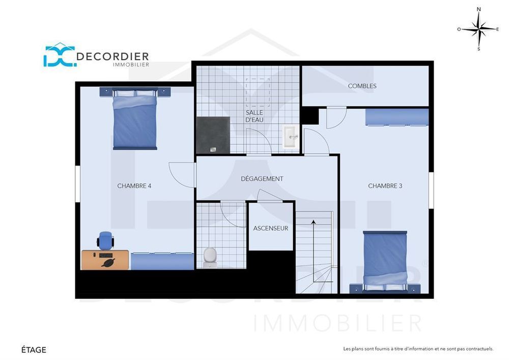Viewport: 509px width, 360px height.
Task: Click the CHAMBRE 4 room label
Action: tap(134, 186)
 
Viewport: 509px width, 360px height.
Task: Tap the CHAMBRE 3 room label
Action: tap(385, 186)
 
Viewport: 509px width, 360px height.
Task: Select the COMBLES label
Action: tap(362, 86)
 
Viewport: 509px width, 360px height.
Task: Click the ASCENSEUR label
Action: tap(271, 228)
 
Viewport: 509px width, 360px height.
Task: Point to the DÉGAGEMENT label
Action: tap(262, 179)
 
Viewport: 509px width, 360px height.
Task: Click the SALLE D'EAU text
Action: tap(254, 116)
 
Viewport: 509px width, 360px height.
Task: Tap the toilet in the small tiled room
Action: tap(210, 257)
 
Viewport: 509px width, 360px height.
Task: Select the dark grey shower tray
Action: tap(213, 135)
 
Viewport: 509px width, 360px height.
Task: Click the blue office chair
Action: tap(105, 239)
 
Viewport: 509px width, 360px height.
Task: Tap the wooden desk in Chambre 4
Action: tap(105, 260)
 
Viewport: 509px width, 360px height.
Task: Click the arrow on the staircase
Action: tap(314, 222)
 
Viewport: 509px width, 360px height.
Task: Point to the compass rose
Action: tap(478, 29)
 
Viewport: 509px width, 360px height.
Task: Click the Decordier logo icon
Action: tap(59, 56)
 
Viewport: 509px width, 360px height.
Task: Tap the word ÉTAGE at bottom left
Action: tap(34, 350)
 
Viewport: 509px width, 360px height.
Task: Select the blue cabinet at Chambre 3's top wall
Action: tap(397, 117)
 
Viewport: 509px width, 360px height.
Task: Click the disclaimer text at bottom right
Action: tap(418, 349)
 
